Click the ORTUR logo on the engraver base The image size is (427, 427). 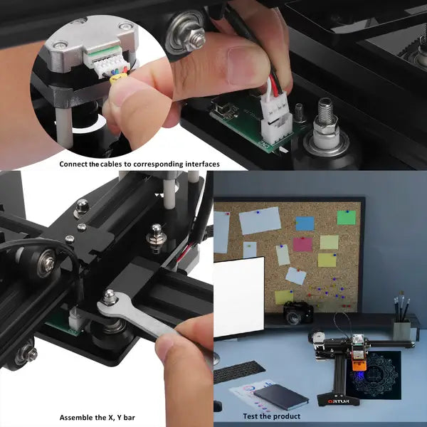click(x=338, y=401)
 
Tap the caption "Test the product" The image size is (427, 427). click(x=272, y=416)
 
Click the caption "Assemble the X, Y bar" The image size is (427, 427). click(x=97, y=418)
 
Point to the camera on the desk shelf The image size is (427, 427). click(x=298, y=312)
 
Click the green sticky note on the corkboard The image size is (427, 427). click(x=347, y=217)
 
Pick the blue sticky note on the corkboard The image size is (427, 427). click(x=305, y=223)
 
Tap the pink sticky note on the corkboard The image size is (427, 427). click(x=302, y=244)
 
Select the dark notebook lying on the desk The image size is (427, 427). click(x=281, y=397)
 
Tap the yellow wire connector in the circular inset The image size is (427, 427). click(x=118, y=79)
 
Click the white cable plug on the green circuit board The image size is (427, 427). click(x=275, y=117)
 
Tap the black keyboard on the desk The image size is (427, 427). click(x=238, y=371)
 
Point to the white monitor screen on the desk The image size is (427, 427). click(x=238, y=297)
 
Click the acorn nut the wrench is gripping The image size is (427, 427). click(x=110, y=297)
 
